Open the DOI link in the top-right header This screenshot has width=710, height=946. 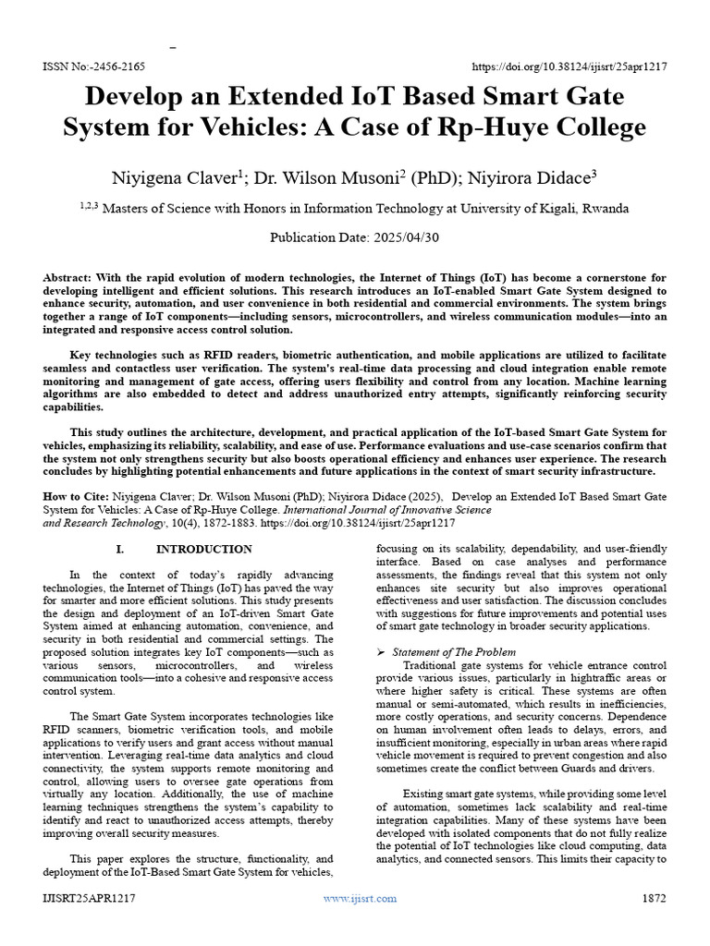(569, 67)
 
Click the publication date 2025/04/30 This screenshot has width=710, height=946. (399, 237)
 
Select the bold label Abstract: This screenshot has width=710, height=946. (73, 278)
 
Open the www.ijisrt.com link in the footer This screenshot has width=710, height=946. (360, 898)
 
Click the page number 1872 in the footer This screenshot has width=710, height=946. (653, 898)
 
